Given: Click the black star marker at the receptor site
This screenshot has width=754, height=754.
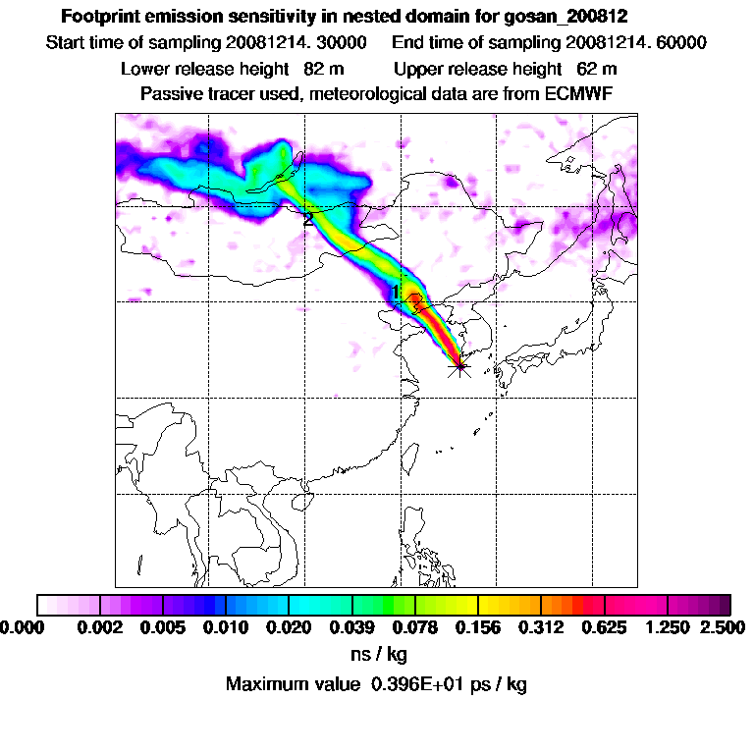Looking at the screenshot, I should point(458,367).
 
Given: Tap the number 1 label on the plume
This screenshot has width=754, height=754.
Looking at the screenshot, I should point(397,292).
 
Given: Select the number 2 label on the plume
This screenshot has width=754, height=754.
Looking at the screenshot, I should point(308,220).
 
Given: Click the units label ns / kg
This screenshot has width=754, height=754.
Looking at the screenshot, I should point(378,654).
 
